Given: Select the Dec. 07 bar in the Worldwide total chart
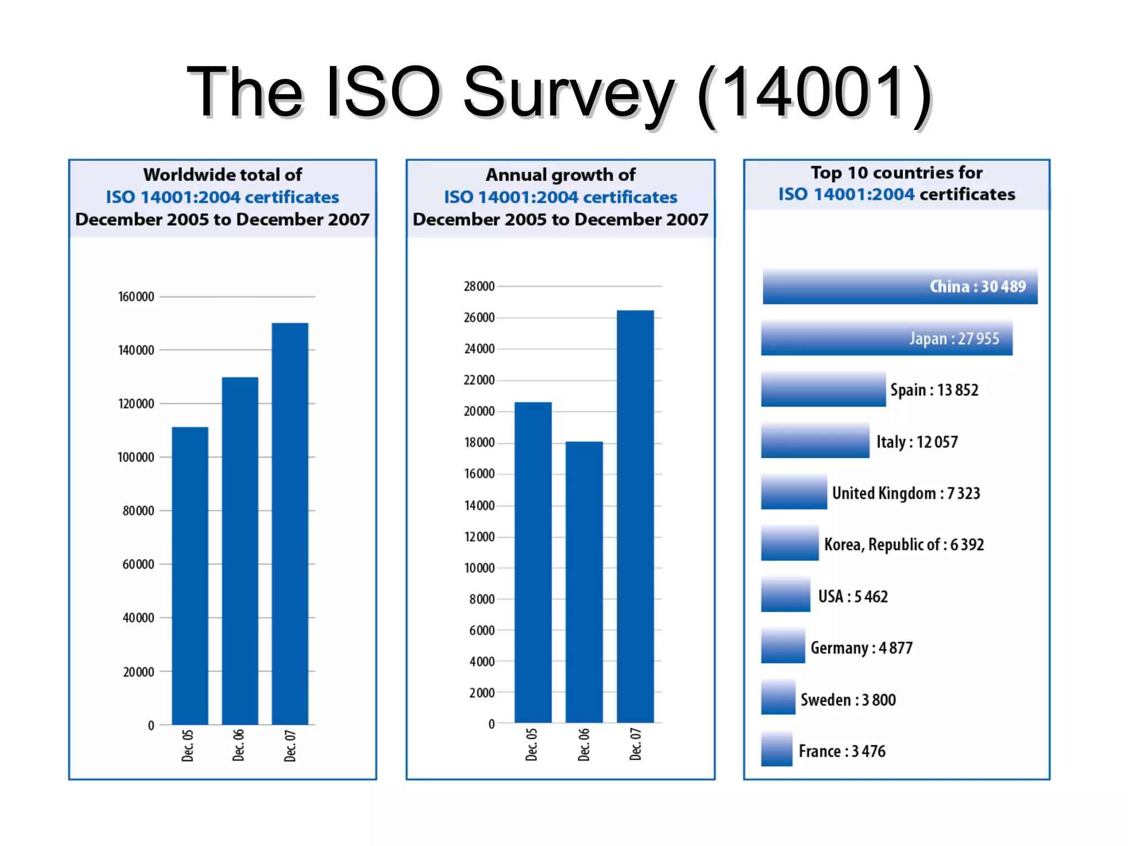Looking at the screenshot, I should pos(290,523).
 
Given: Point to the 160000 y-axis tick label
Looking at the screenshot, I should pos(136,297).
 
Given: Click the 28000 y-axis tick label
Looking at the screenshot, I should pos(479,286).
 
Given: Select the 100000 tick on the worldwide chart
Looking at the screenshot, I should pos(136,457).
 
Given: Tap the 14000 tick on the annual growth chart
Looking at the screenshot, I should pos(479,506).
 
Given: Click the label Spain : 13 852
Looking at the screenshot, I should pos(934,390).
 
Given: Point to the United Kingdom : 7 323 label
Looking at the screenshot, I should pos(906,493).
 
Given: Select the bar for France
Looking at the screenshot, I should pos(777,749).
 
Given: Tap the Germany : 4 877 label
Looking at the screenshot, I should pos(861,648).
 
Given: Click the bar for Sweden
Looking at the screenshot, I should pos(778,698).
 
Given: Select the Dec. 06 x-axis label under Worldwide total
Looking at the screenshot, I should pos(238,745).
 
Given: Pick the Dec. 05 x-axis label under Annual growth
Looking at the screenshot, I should pos(532,745).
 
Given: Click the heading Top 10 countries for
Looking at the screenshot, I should pos(896,173).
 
